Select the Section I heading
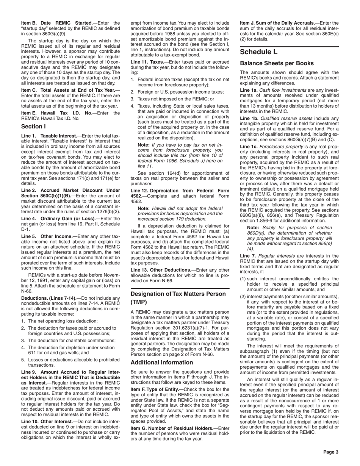coord(33,126)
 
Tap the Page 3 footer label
coord(330,452)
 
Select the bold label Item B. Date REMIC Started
coord(57,23)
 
